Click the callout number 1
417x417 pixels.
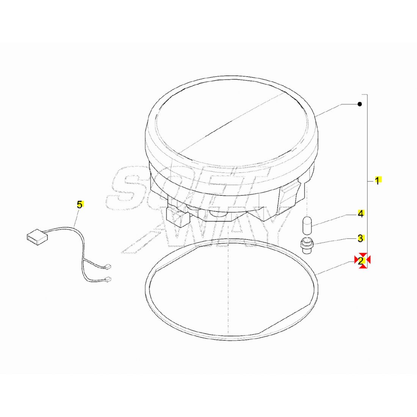click(x=377, y=181)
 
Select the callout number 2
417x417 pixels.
click(x=361, y=261)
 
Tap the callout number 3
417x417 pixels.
click(x=361, y=238)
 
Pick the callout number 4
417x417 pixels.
click(x=361, y=214)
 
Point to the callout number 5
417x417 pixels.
click(x=80, y=205)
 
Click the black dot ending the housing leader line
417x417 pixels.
click(x=360, y=104)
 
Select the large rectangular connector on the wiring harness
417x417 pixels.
click(x=37, y=237)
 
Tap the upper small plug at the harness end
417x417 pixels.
click(x=108, y=266)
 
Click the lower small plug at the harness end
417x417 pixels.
click(x=108, y=279)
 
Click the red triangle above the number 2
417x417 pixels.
click(x=362, y=254)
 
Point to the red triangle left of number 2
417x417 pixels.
click(x=356, y=259)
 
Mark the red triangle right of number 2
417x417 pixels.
click(x=368, y=260)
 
